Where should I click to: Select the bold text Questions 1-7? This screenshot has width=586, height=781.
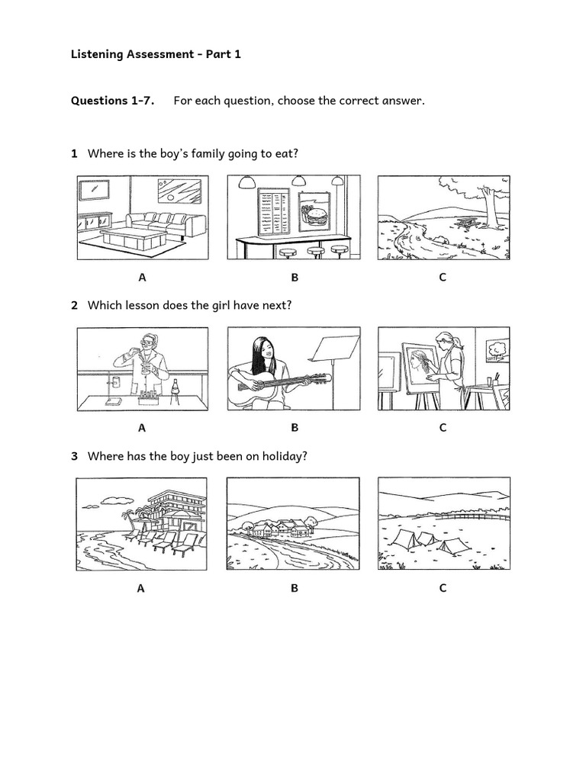pyautogui.click(x=111, y=101)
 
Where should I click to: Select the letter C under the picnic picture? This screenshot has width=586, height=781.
pyautogui.click(x=443, y=278)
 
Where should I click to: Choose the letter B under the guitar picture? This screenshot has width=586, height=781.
pyautogui.click(x=294, y=428)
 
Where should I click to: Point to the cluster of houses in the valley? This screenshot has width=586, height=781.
pyautogui.click(x=283, y=529)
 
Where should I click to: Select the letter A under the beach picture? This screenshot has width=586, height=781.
pyautogui.click(x=141, y=588)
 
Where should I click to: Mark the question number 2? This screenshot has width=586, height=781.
pyautogui.click(x=75, y=305)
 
